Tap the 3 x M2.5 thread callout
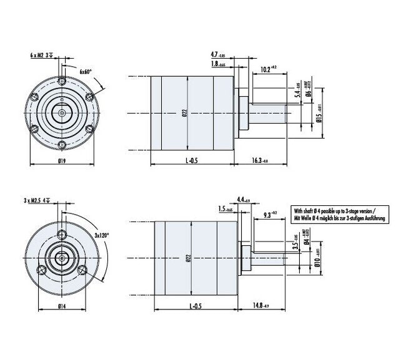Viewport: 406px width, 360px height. pyautogui.click(x=38, y=201)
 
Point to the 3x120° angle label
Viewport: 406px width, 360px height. pyautogui.click(x=102, y=235)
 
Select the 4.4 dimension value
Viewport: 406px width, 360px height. pyautogui.click(x=243, y=200)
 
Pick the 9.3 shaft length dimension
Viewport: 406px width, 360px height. pyautogui.click(x=268, y=215)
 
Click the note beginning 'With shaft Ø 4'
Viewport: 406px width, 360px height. pyautogui.click(x=340, y=215)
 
